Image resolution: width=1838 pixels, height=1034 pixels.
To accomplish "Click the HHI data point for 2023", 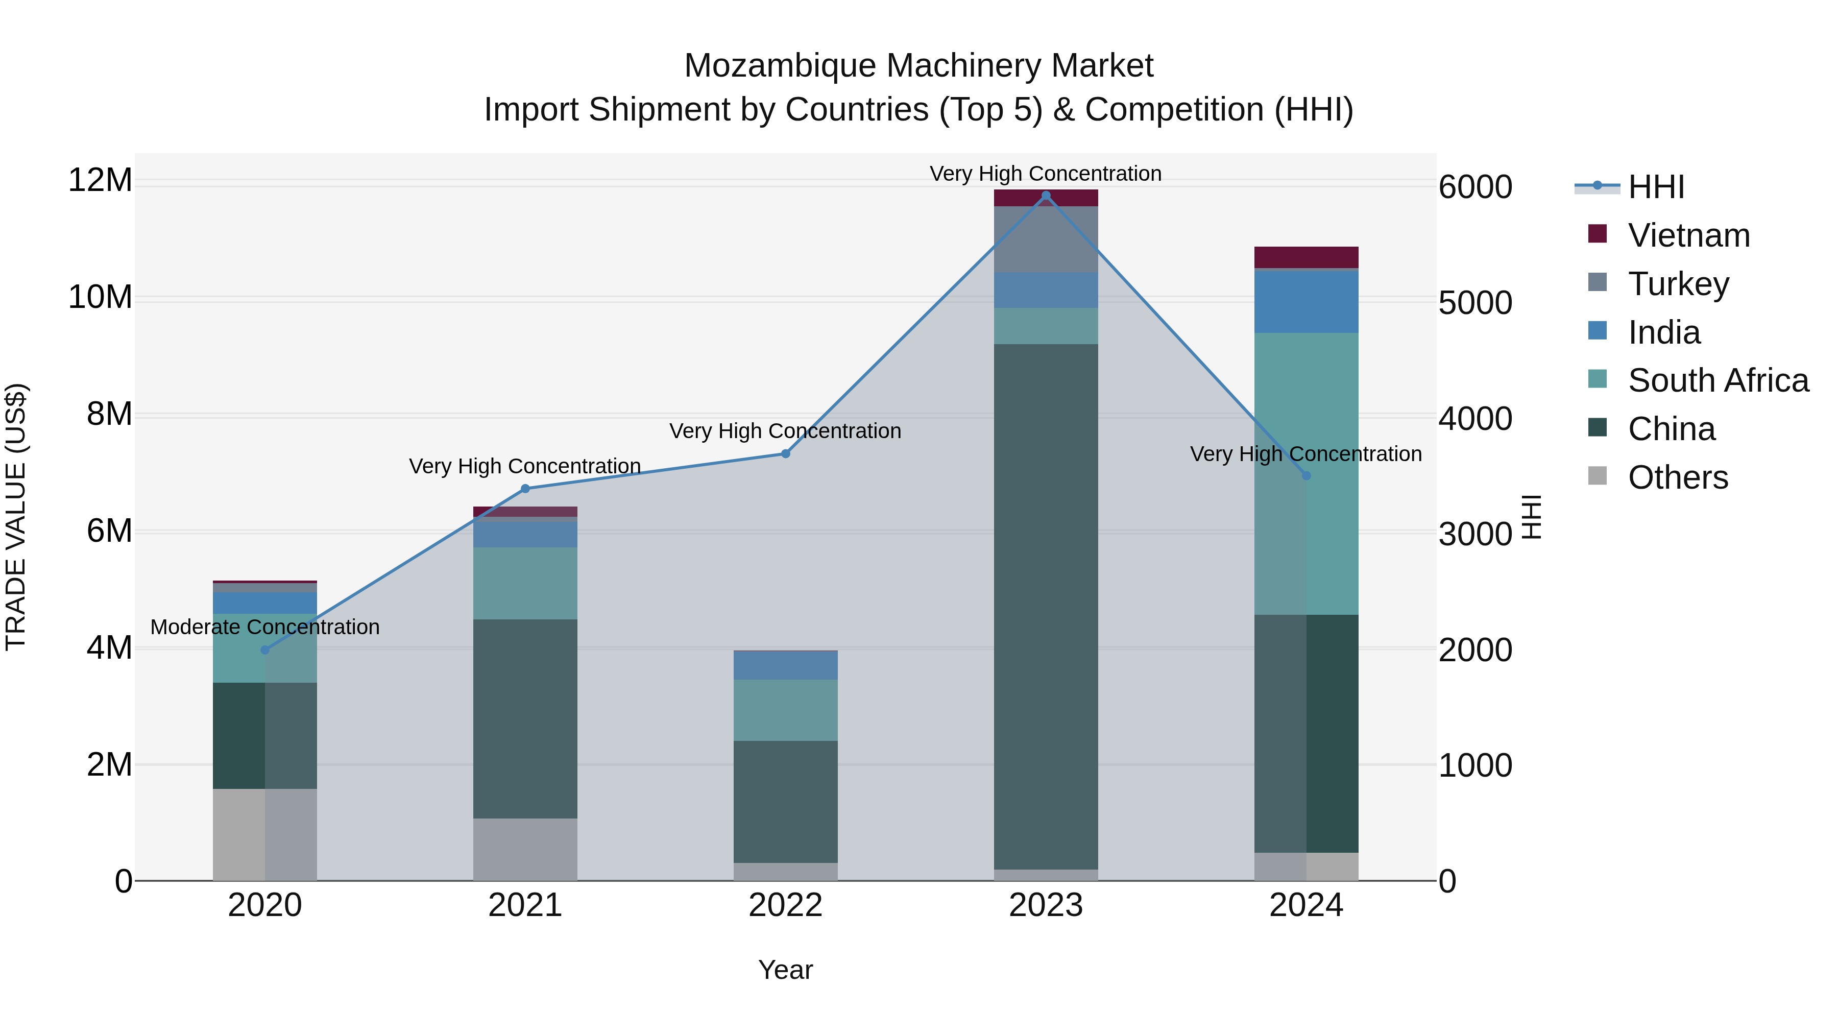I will (1046, 196).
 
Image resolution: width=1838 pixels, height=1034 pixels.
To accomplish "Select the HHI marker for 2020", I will (264, 650).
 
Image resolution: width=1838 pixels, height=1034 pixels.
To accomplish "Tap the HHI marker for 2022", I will (786, 454).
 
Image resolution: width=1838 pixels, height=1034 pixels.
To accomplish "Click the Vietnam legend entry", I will (1688, 235).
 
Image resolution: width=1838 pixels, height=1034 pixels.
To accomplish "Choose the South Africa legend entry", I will (1718, 380).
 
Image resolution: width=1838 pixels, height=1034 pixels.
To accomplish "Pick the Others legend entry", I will (1678, 477).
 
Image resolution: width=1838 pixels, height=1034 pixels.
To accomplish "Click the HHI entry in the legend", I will (1655, 187).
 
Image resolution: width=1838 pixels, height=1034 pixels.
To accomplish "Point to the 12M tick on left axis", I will (100, 180).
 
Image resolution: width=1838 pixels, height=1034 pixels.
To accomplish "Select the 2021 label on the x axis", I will (525, 905).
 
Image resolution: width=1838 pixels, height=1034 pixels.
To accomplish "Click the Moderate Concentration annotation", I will (264, 627).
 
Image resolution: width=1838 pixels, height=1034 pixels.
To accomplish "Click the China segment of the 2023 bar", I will (1046, 607).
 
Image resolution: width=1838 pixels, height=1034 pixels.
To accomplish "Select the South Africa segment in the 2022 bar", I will (786, 710).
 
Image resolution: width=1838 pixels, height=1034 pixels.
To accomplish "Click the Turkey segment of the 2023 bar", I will (1046, 239).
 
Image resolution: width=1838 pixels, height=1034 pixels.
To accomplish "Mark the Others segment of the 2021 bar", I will (525, 849).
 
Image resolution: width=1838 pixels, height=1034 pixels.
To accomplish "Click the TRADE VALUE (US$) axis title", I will (16, 517).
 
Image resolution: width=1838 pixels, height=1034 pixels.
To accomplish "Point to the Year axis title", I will (786, 970).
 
